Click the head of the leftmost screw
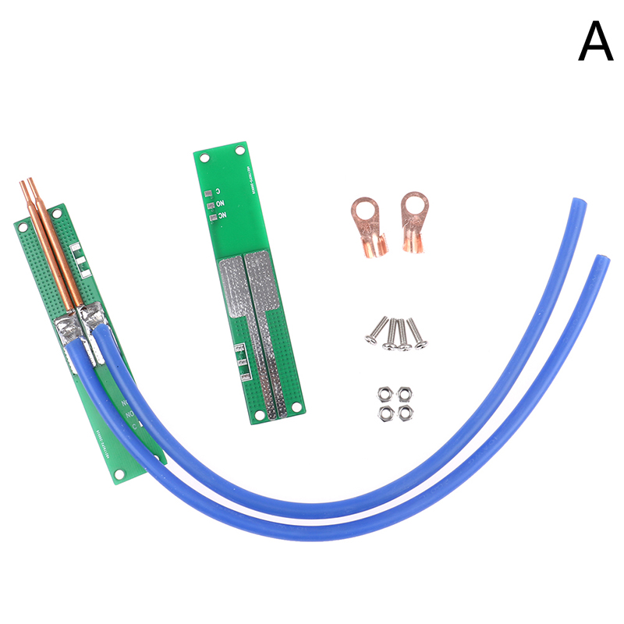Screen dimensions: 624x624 click(370, 339)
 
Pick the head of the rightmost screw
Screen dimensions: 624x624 click(421, 344)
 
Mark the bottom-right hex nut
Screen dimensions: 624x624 click(405, 413)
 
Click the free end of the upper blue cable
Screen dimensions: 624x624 click(579, 204)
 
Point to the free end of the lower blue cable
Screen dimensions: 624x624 click(601, 261)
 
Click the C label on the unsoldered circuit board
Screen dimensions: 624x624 click(219, 191)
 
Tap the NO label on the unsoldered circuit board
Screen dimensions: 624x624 click(222, 214)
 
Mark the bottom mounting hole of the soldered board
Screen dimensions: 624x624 click(119, 473)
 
